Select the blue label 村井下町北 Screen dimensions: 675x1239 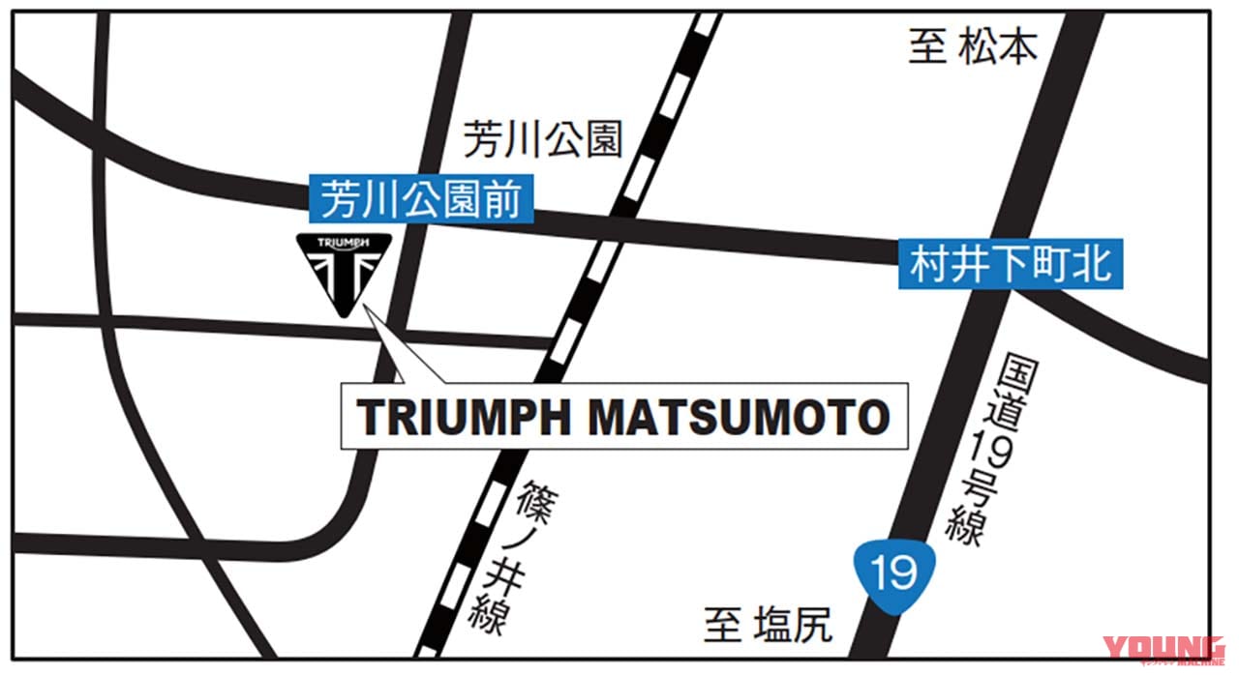pos(1011,263)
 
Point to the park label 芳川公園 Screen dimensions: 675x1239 pos(542,139)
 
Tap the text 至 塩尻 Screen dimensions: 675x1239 pos(768,627)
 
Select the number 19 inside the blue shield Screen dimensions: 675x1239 pos(892,574)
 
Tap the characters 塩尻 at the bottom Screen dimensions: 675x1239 pos(791,627)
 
